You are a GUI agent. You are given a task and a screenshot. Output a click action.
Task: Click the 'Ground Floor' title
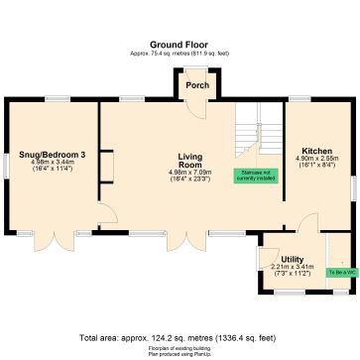180,45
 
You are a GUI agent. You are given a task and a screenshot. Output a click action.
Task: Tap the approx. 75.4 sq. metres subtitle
180,54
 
